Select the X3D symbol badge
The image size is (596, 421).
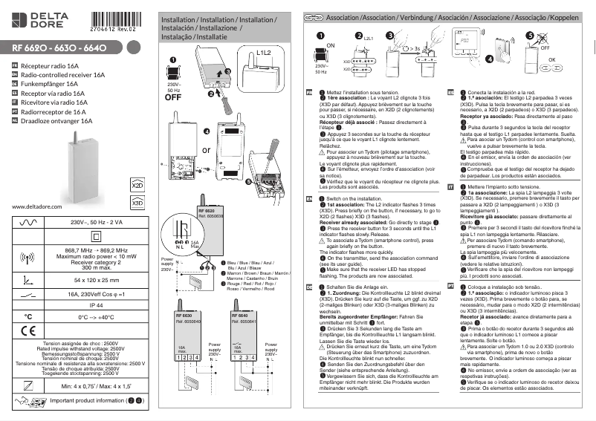tap(137, 202)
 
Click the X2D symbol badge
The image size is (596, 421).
tap(137, 183)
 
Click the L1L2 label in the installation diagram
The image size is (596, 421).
tap(264, 53)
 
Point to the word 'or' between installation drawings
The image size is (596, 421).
tap(206, 150)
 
